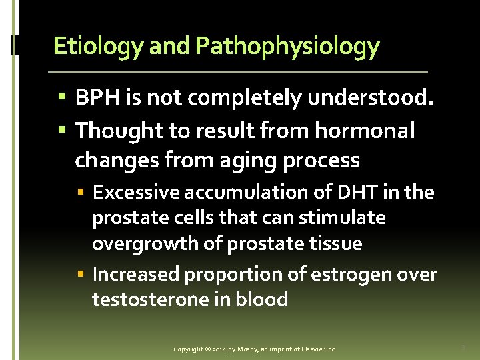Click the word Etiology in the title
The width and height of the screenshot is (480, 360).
(x=98, y=46)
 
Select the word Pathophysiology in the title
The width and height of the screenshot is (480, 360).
(x=287, y=46)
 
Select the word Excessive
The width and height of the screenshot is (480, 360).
(x=136, y=193)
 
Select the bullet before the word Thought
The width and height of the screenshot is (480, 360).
(x=62, y=131)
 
